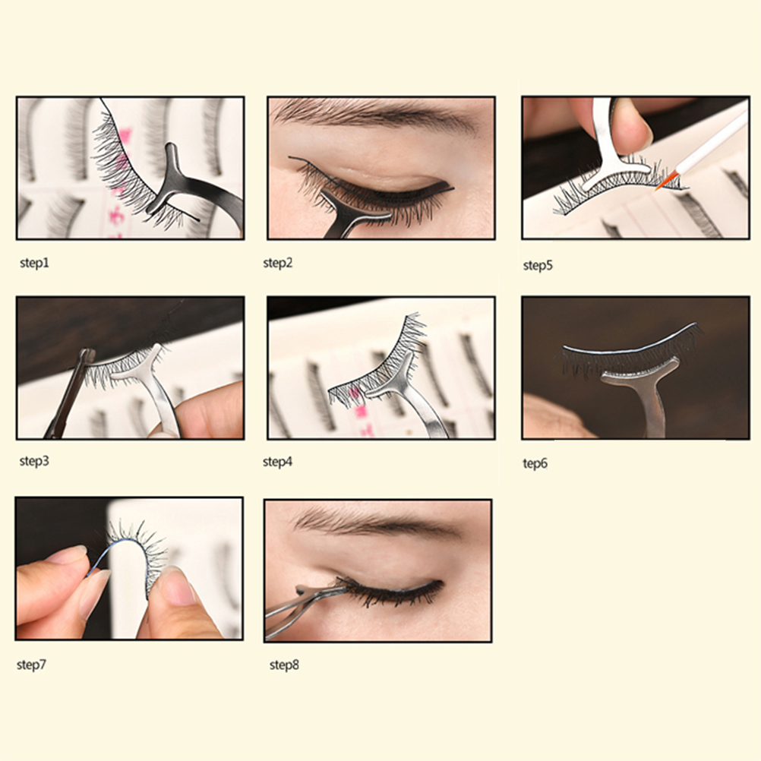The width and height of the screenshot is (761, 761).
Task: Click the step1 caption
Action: click(x=34, y=264)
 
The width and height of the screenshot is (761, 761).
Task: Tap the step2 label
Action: click(x=278, y=264)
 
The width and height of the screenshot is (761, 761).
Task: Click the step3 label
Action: click(x=34, y=461)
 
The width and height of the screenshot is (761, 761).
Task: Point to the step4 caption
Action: click(x=278, y=462)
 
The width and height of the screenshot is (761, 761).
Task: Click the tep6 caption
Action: click(x=535, y=463)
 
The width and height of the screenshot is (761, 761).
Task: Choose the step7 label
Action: click(x=32, y=665)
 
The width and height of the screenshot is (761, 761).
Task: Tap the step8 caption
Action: click(x=284, y=665)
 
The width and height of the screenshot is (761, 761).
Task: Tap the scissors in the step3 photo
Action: click(x=71, y=393)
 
